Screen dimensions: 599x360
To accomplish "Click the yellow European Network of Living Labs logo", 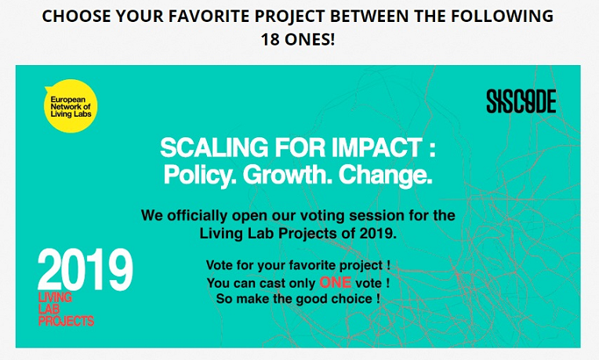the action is [x=71, y=106].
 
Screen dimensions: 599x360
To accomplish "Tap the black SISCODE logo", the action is [x=521, y=101].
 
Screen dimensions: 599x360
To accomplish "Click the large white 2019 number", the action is [x=85, y=270].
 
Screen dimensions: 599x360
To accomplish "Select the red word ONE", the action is [x=335, y=282].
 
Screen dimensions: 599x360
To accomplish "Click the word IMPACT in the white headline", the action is [x=376, y=147].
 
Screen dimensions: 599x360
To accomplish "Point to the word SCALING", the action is [x=214, y=147].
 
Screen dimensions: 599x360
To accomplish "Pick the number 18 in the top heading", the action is [x=270, y=39].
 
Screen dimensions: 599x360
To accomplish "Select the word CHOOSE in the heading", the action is [x=76, y=16].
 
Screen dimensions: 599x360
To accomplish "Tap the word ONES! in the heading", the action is [x=310, y=39].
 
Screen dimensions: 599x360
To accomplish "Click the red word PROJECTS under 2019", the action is [x=66, y=321].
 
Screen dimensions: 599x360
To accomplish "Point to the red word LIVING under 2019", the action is [x=55, y=297].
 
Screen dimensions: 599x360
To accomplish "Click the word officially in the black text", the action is [x=198, y=216].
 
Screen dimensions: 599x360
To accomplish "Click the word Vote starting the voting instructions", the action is [x=220, y=265].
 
